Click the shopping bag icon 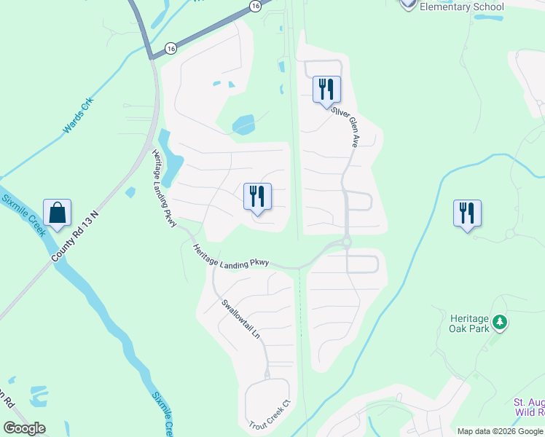coord(57,213)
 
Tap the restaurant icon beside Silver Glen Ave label coord(326,90)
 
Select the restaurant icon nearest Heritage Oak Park coord(466,213)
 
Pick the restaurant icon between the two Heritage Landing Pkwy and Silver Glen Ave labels coord(257,197)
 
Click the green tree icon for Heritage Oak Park coord(499,321)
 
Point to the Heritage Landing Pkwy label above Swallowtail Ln coord(231,257)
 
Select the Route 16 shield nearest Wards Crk coord(170,47)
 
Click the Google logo coord(24,428)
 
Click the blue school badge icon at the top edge coord(408,4)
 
